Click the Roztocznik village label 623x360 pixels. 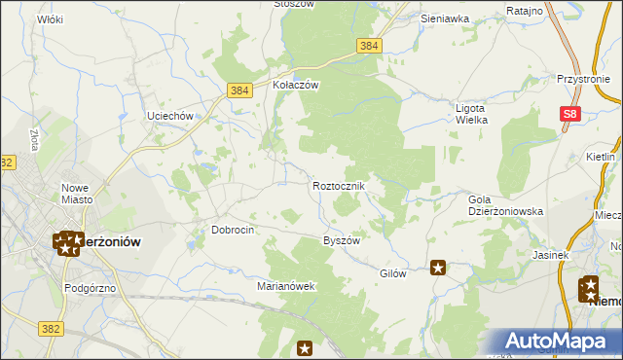pos(339,185)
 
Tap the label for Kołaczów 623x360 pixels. pos(296,85)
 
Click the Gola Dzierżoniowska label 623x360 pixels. pos(505,204)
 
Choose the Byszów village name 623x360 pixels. pos(342,240)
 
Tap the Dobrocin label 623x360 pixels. pos(233,231)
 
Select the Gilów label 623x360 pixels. pos(392,273)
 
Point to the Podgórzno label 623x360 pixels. pos(90,288)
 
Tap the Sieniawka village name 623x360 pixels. pos(445,18)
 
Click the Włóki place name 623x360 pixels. pos(49,18)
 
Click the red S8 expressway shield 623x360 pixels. pos(571,115)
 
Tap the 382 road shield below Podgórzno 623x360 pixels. pos(52,330)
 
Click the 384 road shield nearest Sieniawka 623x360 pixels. pos(369,46)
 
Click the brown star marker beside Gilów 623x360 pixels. pos(438,268)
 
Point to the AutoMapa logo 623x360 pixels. pos(558,342)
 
